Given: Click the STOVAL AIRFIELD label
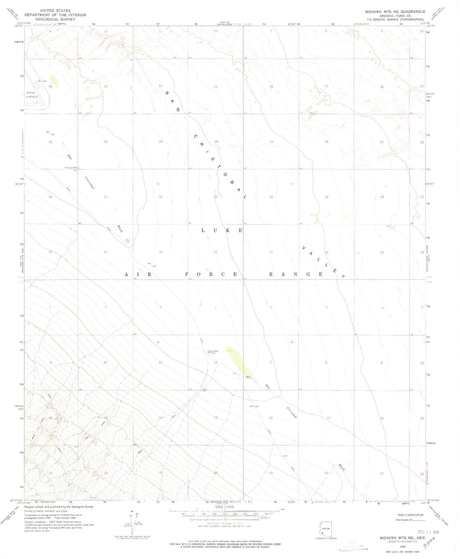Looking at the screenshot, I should coord(32,95).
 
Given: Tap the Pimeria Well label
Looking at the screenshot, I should coord(71,168).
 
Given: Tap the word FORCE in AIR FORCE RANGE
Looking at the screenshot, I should coord(212,274).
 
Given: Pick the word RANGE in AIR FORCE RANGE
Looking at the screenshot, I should coord(296,274).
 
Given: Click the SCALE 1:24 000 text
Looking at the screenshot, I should coord(224,507).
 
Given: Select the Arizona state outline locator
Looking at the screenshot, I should coord(325,529).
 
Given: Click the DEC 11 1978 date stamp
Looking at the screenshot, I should coord(428,532).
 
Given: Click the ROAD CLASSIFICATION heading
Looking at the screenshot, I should coord(410,515).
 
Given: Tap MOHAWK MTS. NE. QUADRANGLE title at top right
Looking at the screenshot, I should coord(395,11).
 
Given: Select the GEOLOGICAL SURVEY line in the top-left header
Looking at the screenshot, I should coord(55,19).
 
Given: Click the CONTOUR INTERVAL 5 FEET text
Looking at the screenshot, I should coord(224,524).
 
